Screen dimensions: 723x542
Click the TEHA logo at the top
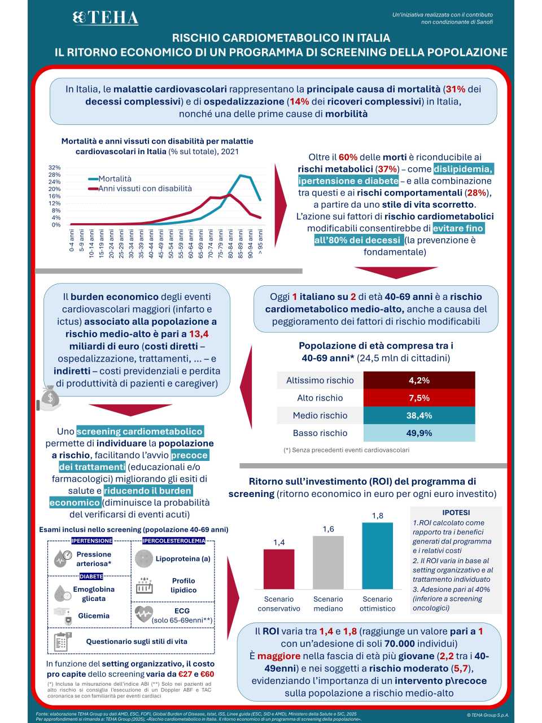click(106, 18)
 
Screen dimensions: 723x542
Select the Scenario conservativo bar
click(279, 569)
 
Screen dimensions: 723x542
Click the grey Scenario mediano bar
click(328, 563)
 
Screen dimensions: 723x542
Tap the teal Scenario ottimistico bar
click(377, 556)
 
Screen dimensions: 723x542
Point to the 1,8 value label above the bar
click(377, 516)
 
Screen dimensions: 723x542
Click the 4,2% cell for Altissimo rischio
click(419, 380)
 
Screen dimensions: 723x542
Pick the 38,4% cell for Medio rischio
click(419, 415)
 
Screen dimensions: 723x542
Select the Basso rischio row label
click(320, 433)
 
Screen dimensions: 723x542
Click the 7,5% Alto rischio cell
click(419, 398)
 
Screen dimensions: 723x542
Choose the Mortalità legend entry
click(115, 178)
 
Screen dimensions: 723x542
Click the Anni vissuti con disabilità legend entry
click(145, 189)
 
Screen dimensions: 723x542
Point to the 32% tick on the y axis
click(54, 168)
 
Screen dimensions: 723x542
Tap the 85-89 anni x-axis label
click(241, 242)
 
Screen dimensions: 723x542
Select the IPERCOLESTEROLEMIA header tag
click(173, 541)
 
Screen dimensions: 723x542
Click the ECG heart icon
click(144, 615)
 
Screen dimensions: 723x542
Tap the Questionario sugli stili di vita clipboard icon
click(61, 642)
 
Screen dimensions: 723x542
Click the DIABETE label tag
click(91, 577)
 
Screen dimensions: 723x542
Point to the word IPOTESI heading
click(456, 512)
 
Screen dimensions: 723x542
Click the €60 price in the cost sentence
click(207, 674)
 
